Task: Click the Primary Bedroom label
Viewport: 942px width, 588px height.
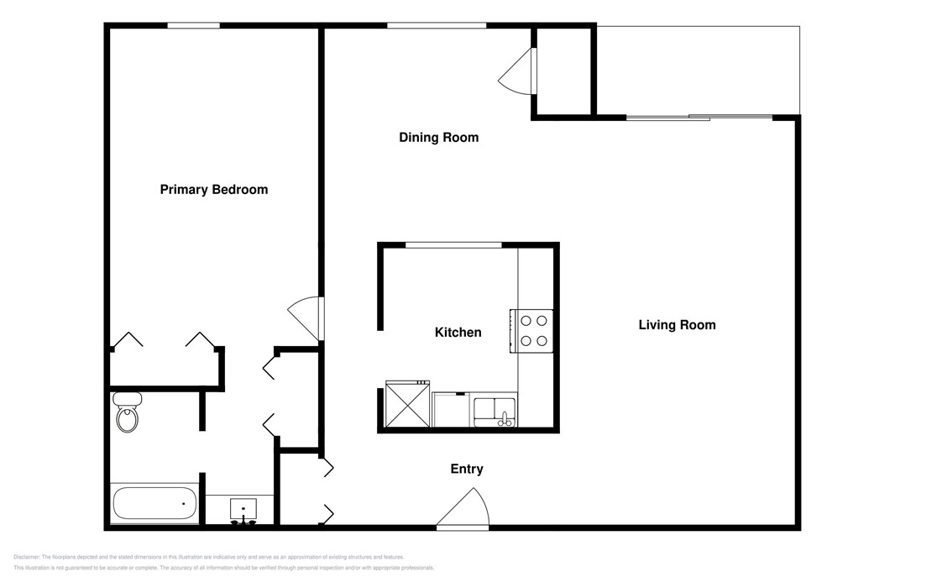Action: click(214, 190)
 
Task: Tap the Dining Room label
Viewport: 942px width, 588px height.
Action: click(438, 138)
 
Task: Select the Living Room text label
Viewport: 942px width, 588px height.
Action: click(677, 325)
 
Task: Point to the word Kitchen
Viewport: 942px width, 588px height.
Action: click(458, 333)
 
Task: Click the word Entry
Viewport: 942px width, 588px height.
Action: click(467, 470)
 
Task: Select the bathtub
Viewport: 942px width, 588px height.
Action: click(154, 504)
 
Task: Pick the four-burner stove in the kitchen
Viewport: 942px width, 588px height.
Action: click(531, 330)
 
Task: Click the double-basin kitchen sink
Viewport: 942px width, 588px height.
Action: click(495, 411)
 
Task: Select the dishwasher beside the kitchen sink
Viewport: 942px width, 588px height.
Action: click(452, 411)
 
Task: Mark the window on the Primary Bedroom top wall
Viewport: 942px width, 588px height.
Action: click(193, 26)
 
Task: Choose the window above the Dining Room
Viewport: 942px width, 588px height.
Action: click(436, 26)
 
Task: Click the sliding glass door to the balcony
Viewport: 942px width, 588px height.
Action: click(699, 117)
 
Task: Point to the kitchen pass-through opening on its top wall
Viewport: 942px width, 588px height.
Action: click(453, 244)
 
